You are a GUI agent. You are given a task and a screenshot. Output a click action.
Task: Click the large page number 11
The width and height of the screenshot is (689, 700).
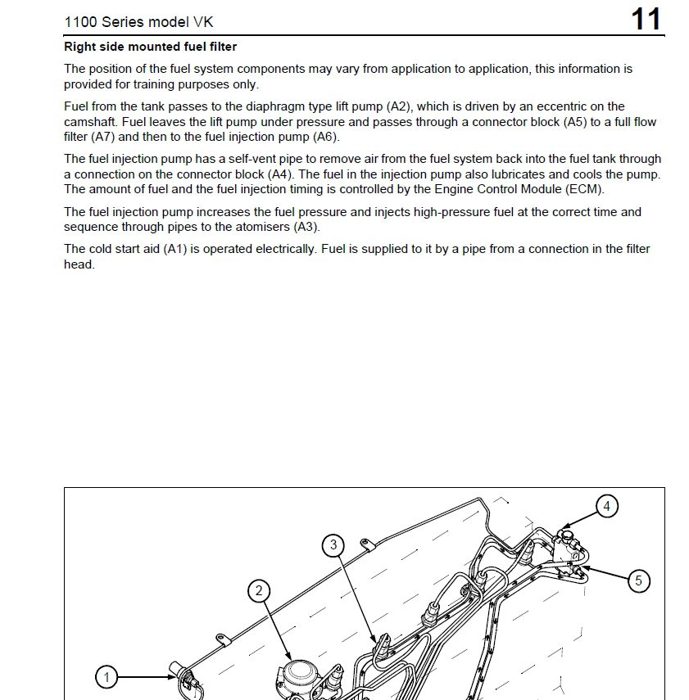click(646, 19)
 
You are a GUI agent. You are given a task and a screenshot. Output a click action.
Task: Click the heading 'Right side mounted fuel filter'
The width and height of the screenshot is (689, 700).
click(150, 47)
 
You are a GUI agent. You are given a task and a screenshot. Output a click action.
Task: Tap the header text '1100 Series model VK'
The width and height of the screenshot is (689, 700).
click(138, 21)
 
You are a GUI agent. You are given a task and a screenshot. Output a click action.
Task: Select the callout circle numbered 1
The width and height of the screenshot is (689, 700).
click(106, 677)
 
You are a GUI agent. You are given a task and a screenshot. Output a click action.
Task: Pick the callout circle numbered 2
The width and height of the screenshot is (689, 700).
click(260, 591)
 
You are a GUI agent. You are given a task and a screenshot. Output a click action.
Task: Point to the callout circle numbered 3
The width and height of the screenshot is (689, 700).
click(333, 544)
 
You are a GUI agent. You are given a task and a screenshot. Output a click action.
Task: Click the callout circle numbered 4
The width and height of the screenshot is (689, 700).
click(607, 506)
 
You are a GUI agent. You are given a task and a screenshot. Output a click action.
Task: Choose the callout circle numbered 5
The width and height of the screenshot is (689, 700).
click(638, 581)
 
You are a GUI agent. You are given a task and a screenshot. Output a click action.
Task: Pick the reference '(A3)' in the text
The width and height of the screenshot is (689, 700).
click(306, 227)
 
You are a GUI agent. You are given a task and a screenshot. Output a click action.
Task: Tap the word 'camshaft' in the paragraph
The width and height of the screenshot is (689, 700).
click(88, 122)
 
